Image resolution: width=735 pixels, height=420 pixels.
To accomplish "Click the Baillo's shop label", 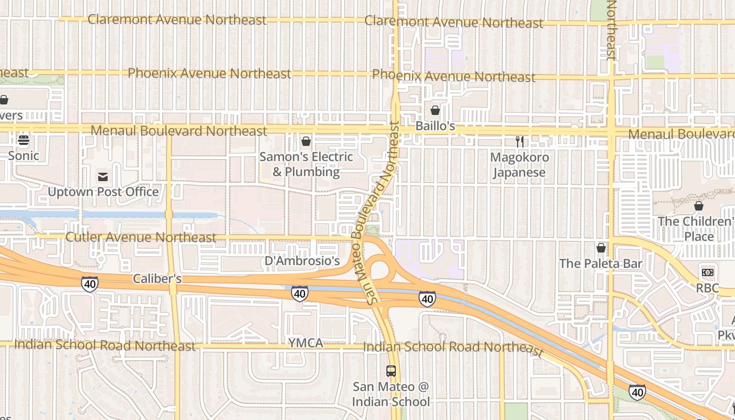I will coord(435,127).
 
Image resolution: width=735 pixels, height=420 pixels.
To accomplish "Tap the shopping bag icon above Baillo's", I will coord(435,110).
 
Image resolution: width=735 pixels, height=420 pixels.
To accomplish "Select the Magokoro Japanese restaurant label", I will coord(519,164).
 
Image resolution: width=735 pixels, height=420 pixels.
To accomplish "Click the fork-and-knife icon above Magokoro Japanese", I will coord(519,141).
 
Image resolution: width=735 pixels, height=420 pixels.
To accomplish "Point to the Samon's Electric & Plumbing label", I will coord(306,164).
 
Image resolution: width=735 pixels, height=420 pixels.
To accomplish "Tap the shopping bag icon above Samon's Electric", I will coord(306,141).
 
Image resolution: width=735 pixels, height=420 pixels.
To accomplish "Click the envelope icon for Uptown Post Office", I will coord(103,177).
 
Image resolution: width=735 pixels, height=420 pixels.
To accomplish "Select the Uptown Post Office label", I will coord(103,192).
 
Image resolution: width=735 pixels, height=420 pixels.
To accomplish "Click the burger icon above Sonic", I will coord(23,140).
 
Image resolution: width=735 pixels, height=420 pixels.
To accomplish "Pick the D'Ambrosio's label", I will coord(302,261).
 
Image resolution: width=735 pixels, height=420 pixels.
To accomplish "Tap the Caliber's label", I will coord(157,278).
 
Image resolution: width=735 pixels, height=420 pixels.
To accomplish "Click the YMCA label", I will coord(305,343).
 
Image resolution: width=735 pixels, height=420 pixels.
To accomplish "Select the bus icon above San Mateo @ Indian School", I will coord(391,371).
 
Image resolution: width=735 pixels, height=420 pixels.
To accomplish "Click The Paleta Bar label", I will coord(601,263).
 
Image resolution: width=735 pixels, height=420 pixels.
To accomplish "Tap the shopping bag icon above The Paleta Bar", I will coord(601,247).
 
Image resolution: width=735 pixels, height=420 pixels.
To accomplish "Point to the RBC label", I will coord(707,288).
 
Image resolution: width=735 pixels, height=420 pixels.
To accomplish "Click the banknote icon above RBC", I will coord(707,272).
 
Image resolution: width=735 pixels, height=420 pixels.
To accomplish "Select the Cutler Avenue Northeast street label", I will coord(141,237).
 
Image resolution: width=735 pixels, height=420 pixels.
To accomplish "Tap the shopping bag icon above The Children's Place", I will coord(698,206).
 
